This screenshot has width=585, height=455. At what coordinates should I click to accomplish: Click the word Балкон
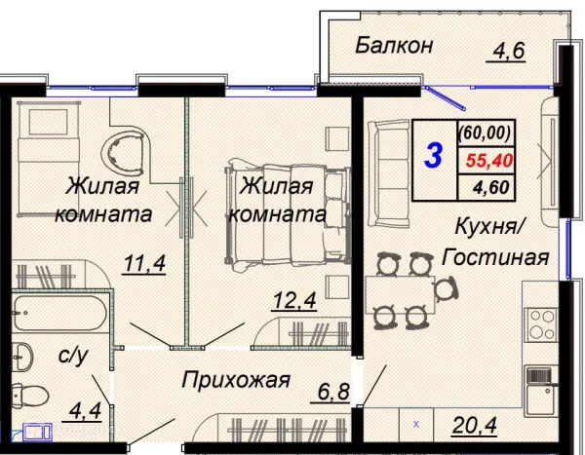[x=394, y=45]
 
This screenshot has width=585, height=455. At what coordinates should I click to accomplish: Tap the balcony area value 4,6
[x=508, y=49]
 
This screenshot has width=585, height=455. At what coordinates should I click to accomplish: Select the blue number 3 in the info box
[x=435, y=154]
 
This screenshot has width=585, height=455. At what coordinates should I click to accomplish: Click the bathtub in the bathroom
[x=59, y=316]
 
